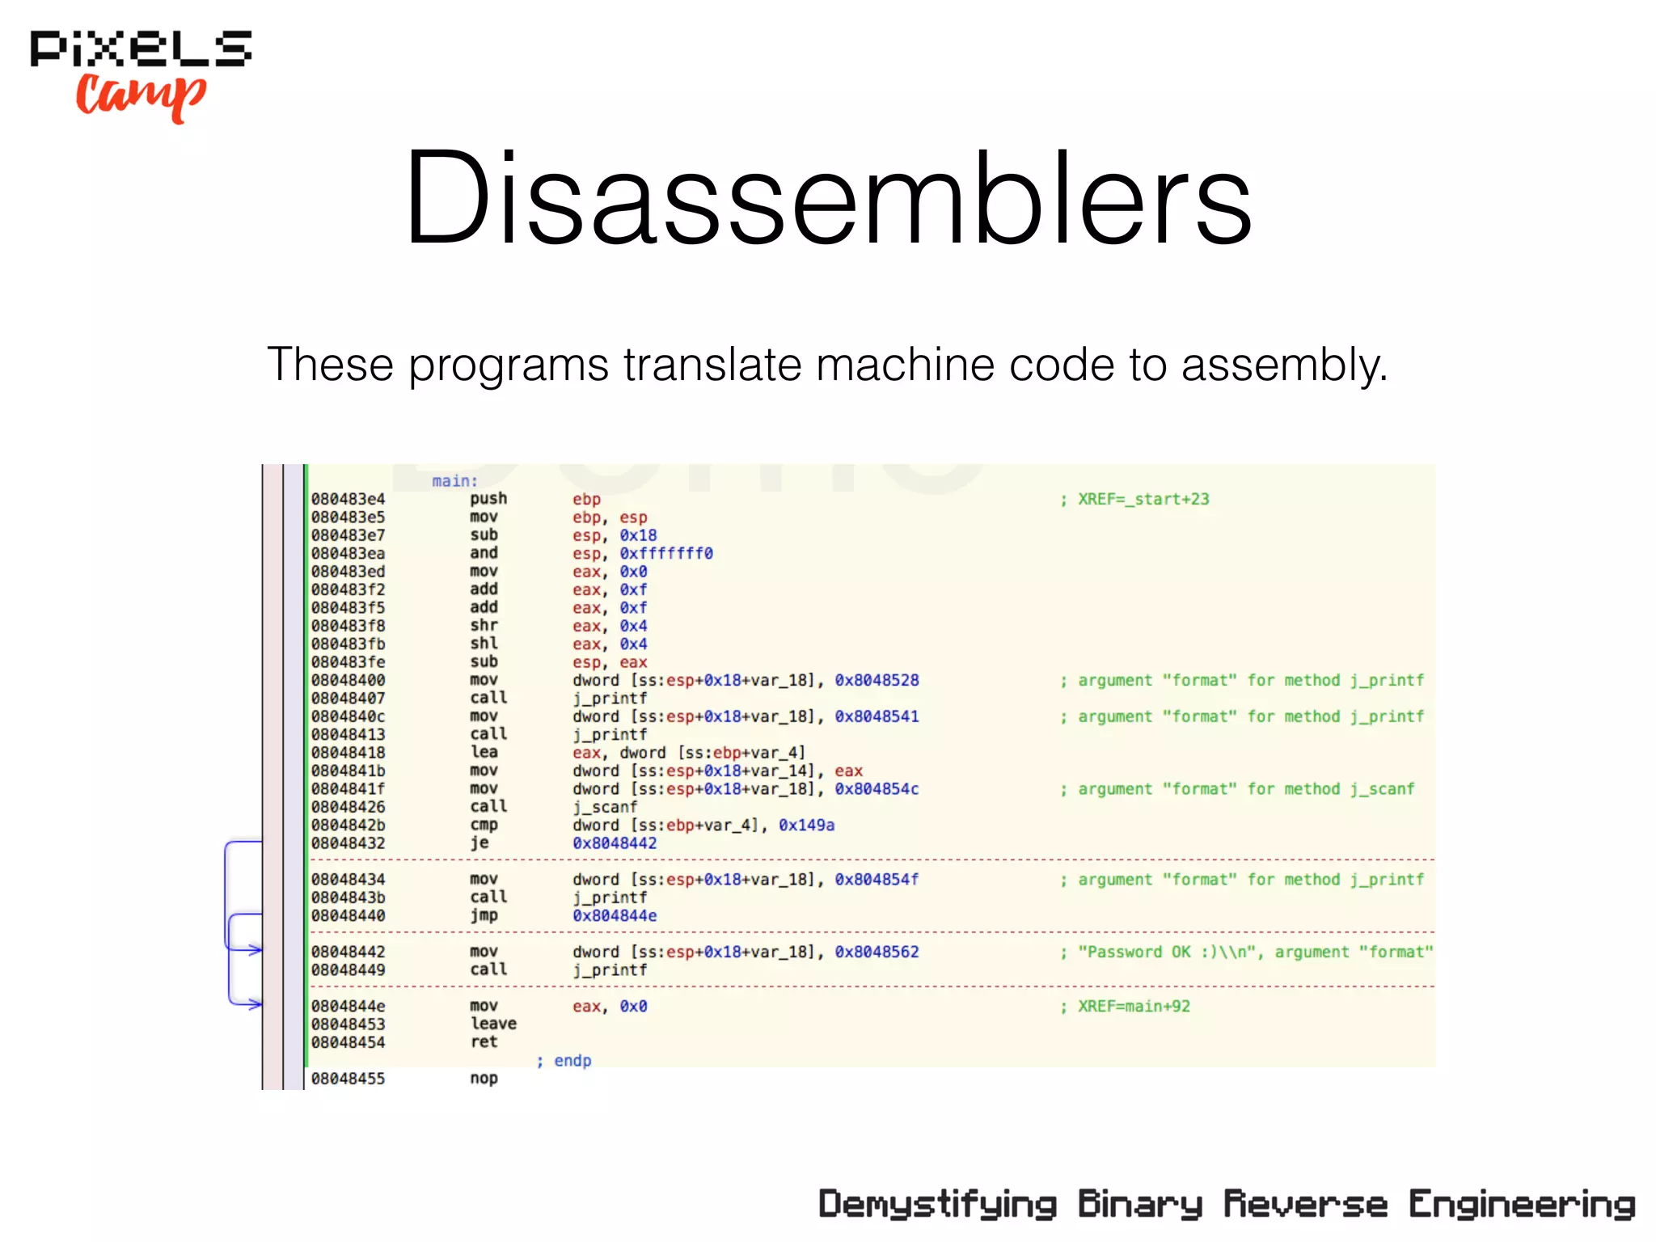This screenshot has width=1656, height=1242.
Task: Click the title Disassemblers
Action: [x=828, y=197]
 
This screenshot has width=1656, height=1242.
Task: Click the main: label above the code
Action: [x=454, y=481]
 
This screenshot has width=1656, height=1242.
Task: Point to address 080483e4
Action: [x=349, y=499]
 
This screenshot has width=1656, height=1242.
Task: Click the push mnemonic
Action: [x=488, y=499]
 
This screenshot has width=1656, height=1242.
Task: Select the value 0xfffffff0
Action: [x=666, y=554]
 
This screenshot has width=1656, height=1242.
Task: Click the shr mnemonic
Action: [x=484, y=626]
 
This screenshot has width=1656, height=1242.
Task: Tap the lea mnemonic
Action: [x=484, y=753]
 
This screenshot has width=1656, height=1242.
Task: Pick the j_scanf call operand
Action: [x=605, y=807]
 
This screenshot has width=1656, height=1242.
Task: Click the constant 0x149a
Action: [x=806, y=826]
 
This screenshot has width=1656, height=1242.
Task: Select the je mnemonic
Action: [x=479, y=843]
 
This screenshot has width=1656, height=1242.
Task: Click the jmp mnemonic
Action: [x=484, y=916]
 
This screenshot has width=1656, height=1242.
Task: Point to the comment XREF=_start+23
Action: [x=1143, y=499]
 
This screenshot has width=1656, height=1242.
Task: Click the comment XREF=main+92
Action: [x=1133, y=1007]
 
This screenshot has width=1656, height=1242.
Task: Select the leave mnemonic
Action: [x=493, y=1024]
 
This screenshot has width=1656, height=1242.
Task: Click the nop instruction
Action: [x=484, y=1079]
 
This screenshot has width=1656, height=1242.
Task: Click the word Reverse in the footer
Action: [x=1305, y=1204]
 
